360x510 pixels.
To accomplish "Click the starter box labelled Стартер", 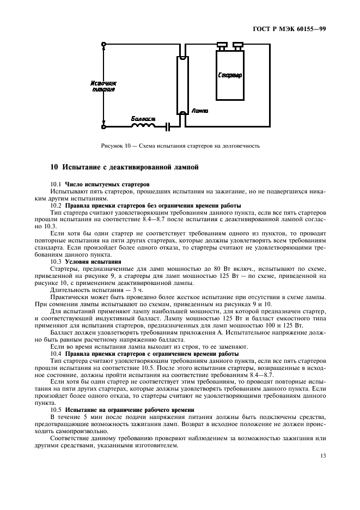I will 230,75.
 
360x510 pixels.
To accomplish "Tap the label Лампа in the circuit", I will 200,111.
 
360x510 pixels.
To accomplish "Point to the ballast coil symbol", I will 142,126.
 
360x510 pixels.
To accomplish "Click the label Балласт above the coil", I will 143,118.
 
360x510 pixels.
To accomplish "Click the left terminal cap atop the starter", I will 222,45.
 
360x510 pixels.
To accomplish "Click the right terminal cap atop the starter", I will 237,45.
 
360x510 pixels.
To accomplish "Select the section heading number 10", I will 54,167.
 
